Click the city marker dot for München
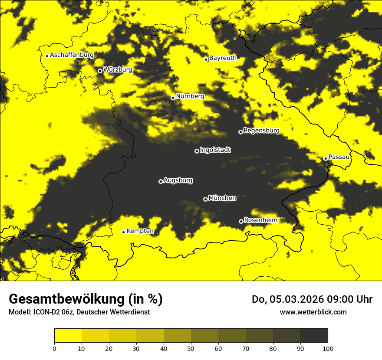(205, 199)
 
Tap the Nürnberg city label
(190, 96)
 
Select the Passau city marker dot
(326, 158)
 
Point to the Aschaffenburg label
(72, 55)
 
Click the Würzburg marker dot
(100, 71)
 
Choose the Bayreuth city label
(223, 58)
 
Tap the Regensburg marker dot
(240, 132)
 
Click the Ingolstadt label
(215, 150)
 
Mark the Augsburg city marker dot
(161, 181)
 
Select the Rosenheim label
(260, 220)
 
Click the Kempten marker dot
(123, 232)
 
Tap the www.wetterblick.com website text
(313, 312)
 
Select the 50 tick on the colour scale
(191, 348)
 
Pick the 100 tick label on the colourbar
(328, 348)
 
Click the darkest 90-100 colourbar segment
(314, 336)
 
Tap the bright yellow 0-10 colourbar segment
(68, 336)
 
